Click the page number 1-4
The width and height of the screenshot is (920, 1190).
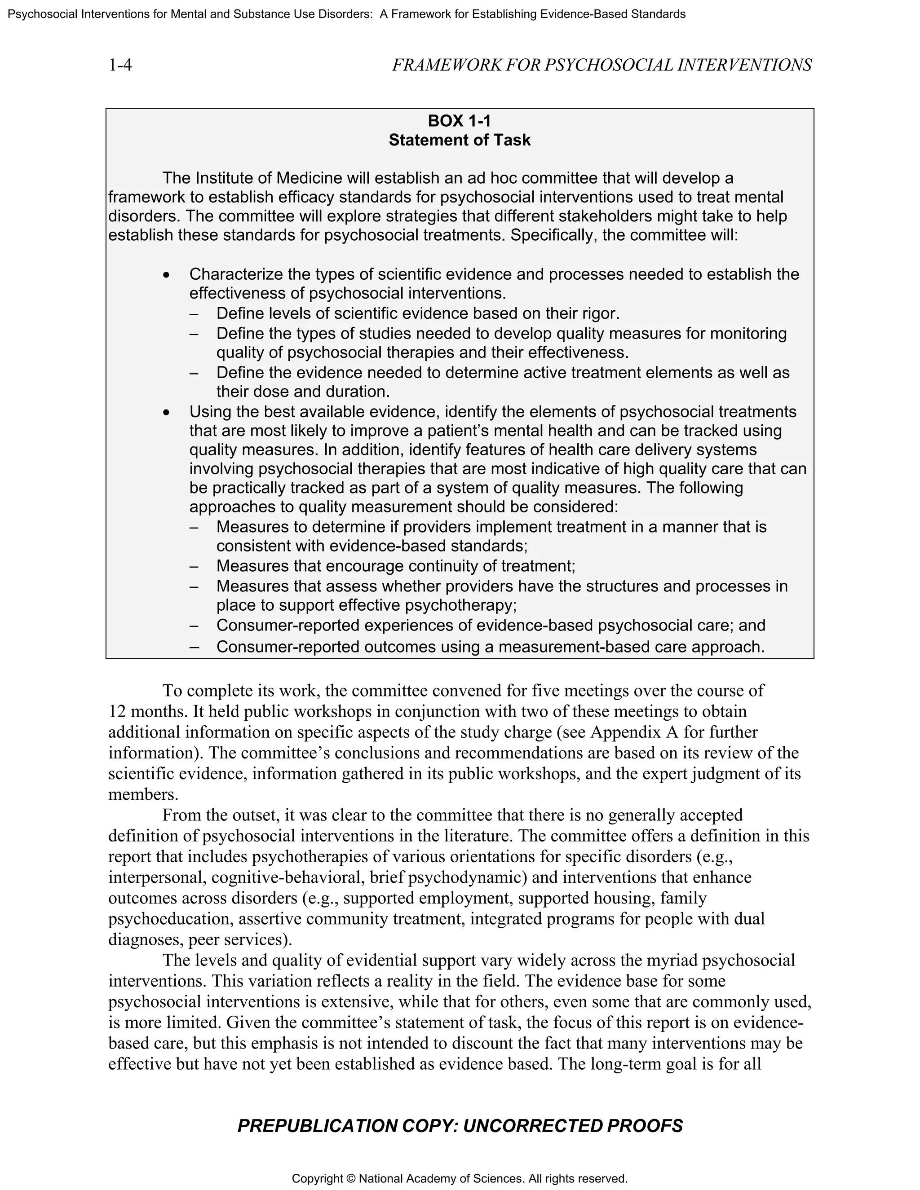(x=120, y=66)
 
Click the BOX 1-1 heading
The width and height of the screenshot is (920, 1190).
(x=459, y=120)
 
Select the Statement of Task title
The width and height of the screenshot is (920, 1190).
(x=459, y=140)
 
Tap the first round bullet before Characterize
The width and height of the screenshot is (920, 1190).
(x=167, y=275)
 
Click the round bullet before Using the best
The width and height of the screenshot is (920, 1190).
(x=167, y=413)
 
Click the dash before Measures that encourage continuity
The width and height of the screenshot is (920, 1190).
(x=194, y=566)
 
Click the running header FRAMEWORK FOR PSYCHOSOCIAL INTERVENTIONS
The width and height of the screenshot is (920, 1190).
(x=602, y=66)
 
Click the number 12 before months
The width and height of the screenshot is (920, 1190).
(x=117, y=712)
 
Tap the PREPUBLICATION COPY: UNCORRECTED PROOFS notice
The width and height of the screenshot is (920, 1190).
(x=460, y=1126)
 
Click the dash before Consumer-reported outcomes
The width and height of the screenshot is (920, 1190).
(x=194, y=647)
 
